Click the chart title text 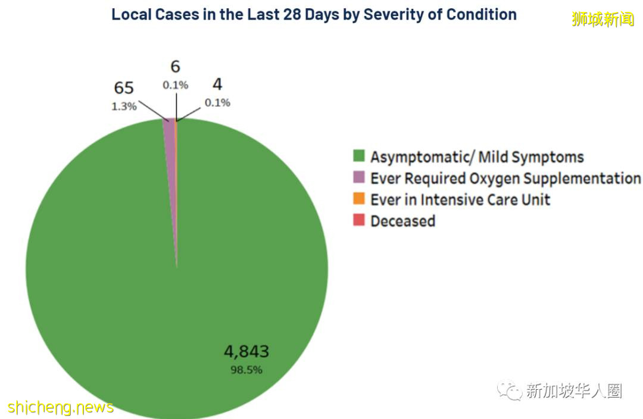(314, 14)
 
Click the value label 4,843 (246, 352)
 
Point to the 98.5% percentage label (246, 370)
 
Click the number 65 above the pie (124, 88)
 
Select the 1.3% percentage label (124, 107)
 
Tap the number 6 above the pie (175, 67)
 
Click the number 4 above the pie (217, 85)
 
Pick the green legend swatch (358, 157)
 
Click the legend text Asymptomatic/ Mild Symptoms (477, 157)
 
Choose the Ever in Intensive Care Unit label (460, 199)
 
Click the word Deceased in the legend (402, 221)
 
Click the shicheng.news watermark (61, 407)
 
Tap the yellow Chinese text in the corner (603, 19)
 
